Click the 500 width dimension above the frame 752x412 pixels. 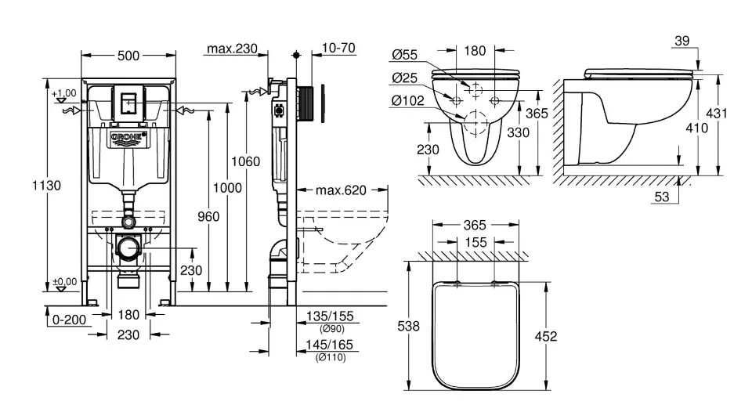(128, 56)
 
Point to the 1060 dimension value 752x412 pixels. (246, 162)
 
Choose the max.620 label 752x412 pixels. (341, 190)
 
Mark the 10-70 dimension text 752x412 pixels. (338, 49)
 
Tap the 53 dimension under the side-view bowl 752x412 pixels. (662, 197)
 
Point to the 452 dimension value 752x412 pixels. (545, 336)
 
